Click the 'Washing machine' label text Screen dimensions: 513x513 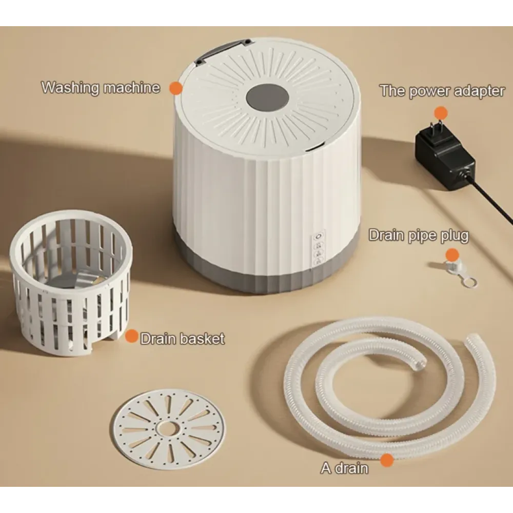101,88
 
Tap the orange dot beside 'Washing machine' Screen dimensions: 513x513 175,88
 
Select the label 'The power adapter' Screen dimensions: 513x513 442,91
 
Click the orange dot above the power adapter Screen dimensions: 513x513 441,113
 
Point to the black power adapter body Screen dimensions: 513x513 445,157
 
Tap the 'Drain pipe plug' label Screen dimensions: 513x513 419,235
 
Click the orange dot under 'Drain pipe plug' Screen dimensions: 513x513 452,255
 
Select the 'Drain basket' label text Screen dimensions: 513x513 183,339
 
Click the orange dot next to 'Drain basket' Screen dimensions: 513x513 131,337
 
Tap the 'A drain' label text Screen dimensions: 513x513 345,468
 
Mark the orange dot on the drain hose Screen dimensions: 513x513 387,460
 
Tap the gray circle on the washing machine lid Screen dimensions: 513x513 267,98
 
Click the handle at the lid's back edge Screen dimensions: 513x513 223,51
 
